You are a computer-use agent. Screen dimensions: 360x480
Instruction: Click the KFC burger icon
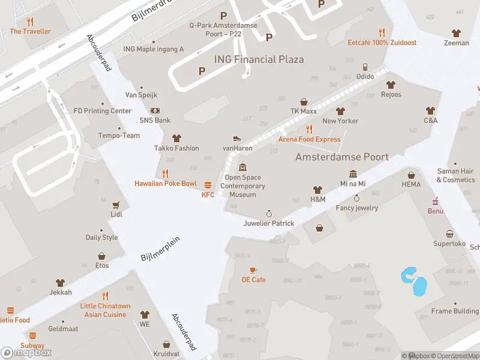[x=208, y=185]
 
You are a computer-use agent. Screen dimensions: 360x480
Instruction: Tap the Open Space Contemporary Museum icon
[x=242, y=167]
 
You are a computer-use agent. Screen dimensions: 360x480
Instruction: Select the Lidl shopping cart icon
[x=116, y=205]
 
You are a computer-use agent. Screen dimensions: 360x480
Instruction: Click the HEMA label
[x=411, y=184]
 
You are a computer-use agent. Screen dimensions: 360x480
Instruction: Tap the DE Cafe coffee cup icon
[x=253, y=270]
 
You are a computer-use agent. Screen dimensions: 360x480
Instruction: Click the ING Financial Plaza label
[x=259, y=59]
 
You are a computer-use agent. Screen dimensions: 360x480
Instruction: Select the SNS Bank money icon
[x=155, y=110]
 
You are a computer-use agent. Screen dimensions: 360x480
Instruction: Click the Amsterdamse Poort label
[x=342, y=157]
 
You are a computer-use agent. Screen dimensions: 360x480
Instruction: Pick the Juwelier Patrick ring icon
[x=269, y=214]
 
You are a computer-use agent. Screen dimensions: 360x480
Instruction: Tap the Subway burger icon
[x=32, y=336]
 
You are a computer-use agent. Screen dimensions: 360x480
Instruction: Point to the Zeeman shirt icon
[x=457, y=33]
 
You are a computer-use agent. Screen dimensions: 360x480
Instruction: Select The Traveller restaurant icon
[x=30, y=22]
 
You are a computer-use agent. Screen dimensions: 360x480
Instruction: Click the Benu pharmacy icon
[x=436, y=201]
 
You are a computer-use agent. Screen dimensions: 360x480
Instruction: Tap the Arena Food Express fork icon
[x=308, y=129]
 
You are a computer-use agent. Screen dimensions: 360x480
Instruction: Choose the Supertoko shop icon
[x=449, y=234]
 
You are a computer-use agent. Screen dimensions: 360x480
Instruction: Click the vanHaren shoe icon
[x=237, y=138]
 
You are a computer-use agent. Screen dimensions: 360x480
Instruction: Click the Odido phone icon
[x=365, y=67]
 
